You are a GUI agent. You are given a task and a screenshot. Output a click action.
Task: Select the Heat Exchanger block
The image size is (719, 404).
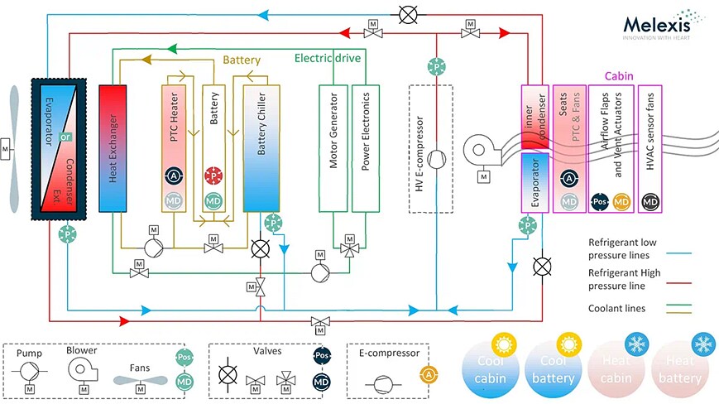(111, 147)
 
